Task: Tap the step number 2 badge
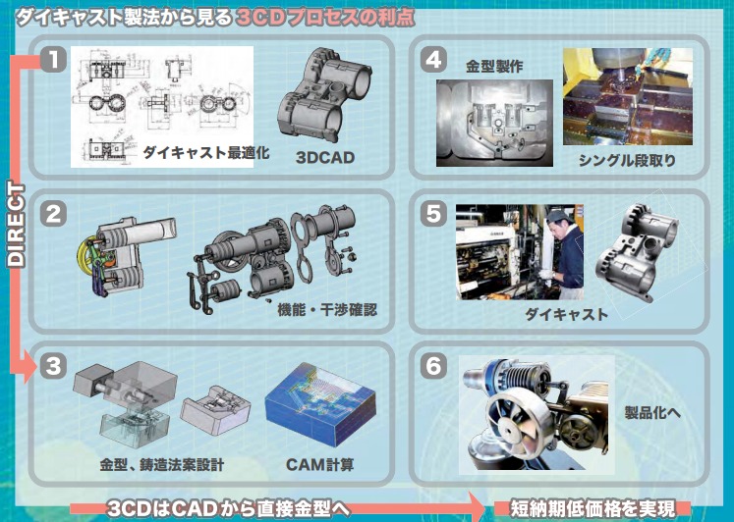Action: [x=54, y=211]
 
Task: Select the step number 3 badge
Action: [x=54, y=366]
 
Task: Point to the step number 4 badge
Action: [x=433, y=59]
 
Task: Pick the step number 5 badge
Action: [x=433, y=211]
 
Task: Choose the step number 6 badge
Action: [x=433, y=366]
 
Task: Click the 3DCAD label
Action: [x=324, y=157]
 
